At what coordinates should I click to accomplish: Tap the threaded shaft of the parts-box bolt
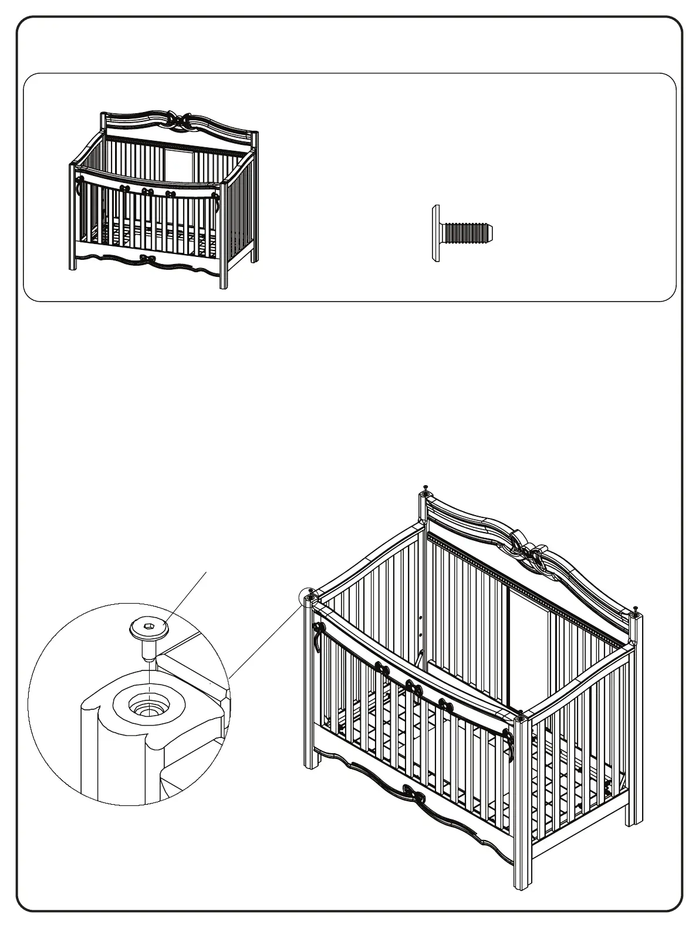[468, 233]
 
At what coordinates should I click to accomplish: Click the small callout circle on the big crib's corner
[308, 597]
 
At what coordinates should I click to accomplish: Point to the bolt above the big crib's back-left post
[424, 488]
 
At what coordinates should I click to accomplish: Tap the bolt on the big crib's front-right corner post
[519, 714]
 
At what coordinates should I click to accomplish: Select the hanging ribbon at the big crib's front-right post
[511, 746]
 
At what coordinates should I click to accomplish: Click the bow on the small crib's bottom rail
[145, 259]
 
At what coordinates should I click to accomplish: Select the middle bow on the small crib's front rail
[147, 191]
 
